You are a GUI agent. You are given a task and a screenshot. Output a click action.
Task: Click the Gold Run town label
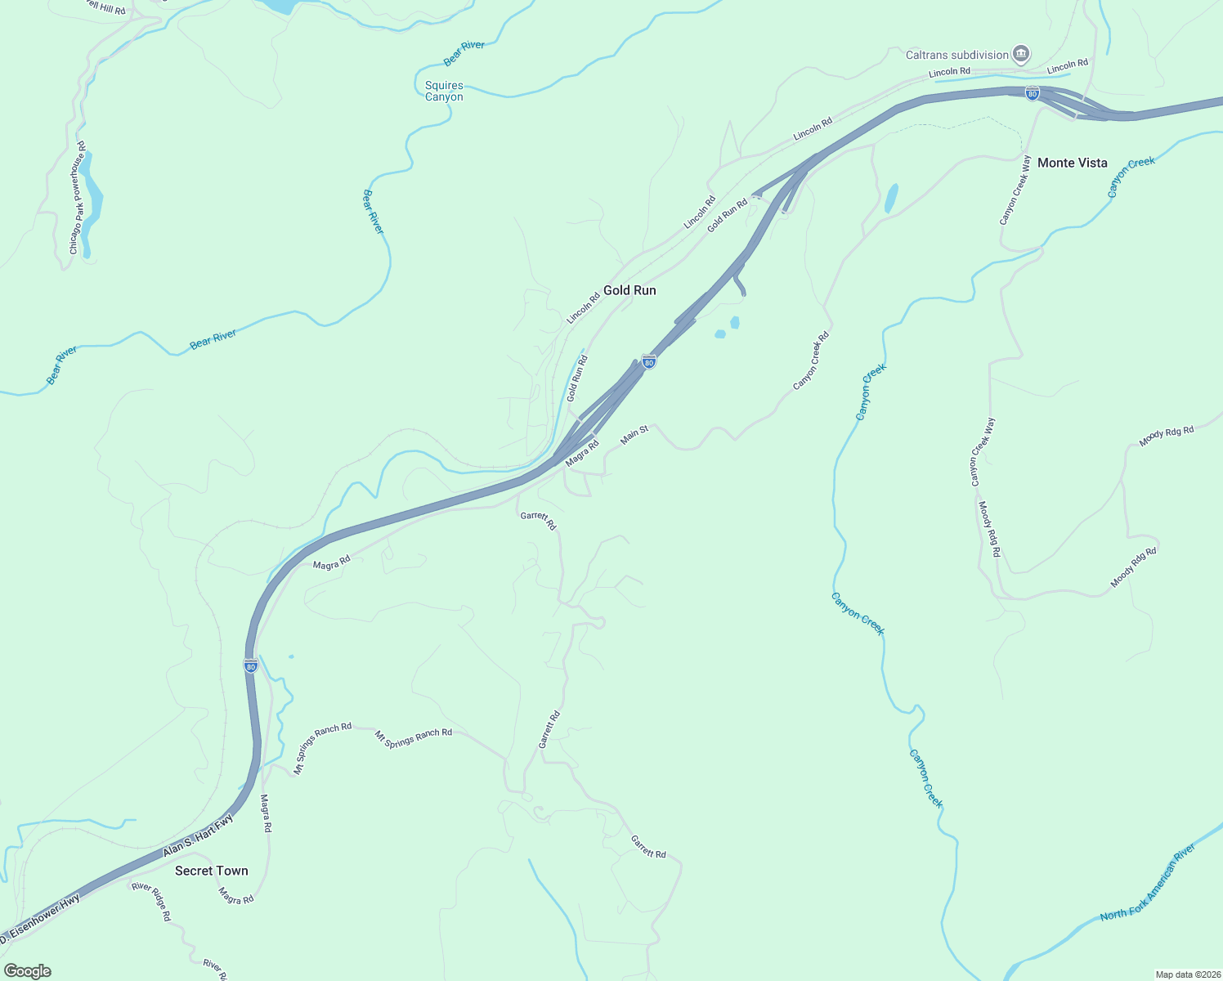pyautogui.click(x=629, y=290)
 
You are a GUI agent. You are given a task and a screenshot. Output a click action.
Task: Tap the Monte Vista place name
pyautogui.click(x=1072, y=163)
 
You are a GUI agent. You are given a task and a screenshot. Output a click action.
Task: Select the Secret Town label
pyautogui.click(x=211, y=871)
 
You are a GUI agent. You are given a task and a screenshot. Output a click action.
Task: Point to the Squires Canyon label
pyautogui.click(x=444, y=91)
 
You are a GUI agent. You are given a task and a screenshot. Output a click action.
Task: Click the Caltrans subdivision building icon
pyautogui.click(x=1020, y=55)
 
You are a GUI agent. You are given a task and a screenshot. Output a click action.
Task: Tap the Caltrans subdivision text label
pyautogui.click(x=956, y=55)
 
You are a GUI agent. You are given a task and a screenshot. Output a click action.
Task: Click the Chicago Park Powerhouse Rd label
pyautogui.click(x=78, y=197)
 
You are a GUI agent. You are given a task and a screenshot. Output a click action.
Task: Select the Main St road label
pyautogui.click(x=634, y=434)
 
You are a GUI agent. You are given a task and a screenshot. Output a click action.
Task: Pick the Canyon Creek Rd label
pyautogui.click(x=812, y=360)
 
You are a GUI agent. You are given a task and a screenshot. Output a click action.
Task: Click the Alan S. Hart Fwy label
pyautogui.click(x=199, y=835)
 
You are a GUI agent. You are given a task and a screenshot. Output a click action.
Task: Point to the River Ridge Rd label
pyautogui.click(x=151, y=901)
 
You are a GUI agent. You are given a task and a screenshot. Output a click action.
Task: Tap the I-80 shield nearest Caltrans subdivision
pyautogui.click(x=1033, y=92)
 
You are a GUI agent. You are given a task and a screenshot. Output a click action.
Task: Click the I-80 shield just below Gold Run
pyautogui.click(x=648, y=361)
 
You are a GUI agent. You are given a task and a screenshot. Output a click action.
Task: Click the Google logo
pyautogui.click(x=27, y=971)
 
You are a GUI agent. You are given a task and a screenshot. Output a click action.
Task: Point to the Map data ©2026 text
pyautogui.click(x=1186, y=974)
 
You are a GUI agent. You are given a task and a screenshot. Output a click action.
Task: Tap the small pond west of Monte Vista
pyautogui.click(x=891, y=198)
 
